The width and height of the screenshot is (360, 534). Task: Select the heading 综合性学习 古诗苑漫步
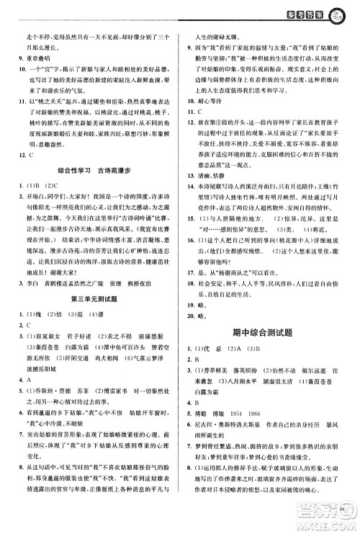point(90,190)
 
